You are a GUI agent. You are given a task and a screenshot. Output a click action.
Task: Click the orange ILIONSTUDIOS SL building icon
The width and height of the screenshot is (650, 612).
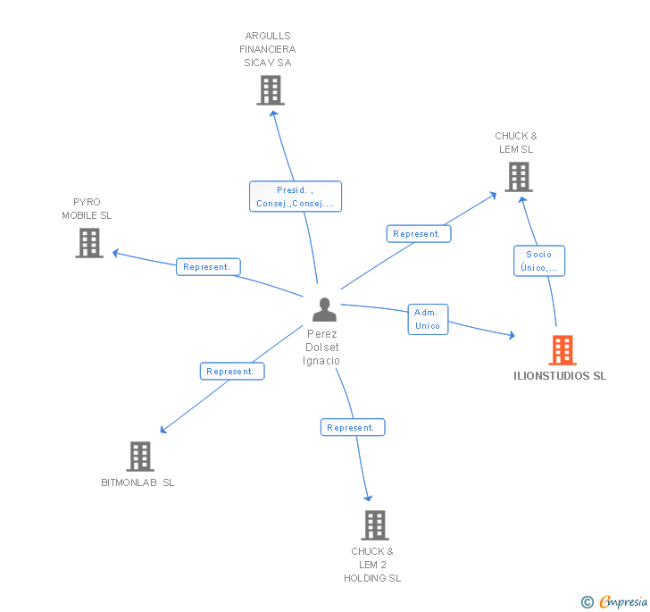[x=562, y=350]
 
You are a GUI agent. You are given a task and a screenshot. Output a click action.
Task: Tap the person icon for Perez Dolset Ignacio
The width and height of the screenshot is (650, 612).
[x=324, y=309]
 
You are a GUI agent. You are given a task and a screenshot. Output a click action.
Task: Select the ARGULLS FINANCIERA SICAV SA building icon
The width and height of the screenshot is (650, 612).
[x=270, y=90]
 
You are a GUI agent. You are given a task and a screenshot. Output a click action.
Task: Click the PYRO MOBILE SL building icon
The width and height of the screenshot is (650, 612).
[x=88, y=243]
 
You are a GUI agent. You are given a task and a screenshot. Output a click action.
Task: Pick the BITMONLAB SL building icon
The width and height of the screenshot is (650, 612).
[x=139, y=457]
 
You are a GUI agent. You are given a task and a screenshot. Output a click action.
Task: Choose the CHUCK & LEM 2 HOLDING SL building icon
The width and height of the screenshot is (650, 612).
[x=374, y=525]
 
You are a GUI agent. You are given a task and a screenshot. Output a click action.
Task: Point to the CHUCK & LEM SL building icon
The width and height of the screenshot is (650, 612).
[x=518, y=176]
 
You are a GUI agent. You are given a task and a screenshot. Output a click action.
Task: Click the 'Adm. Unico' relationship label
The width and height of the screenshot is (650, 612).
[x=428, y=319]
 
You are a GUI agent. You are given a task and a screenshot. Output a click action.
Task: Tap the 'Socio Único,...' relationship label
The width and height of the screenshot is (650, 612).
[x=538, y=261]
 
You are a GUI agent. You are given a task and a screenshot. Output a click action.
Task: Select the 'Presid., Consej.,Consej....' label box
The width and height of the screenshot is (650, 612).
[x=295, y=197]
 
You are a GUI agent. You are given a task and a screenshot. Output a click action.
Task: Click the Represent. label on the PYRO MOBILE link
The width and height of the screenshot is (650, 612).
[x=207, y=266]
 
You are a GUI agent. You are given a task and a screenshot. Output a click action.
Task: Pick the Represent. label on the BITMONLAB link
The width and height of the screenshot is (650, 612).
[x=230, y=371]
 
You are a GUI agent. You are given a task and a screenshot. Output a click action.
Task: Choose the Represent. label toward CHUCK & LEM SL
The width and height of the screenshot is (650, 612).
[x=418, y=234]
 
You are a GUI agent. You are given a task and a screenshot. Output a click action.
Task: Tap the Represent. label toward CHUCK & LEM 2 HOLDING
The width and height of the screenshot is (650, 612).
[x=352, y=428]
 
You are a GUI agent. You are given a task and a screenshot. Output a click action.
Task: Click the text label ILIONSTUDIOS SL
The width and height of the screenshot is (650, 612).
[x=560, y=376]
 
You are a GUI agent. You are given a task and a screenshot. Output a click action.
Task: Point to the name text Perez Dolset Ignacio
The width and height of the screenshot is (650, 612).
[x=321, y=347]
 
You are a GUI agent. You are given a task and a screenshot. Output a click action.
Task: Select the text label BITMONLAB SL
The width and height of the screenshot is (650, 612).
[x=137, y=482]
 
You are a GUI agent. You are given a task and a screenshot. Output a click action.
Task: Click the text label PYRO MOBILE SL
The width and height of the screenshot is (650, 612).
[x=87, y=209]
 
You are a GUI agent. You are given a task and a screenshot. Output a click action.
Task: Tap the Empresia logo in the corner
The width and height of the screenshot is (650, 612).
[x=615, y=602]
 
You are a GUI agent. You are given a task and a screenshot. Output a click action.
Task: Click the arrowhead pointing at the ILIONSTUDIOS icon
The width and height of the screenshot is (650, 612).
[x=512, y=336]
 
